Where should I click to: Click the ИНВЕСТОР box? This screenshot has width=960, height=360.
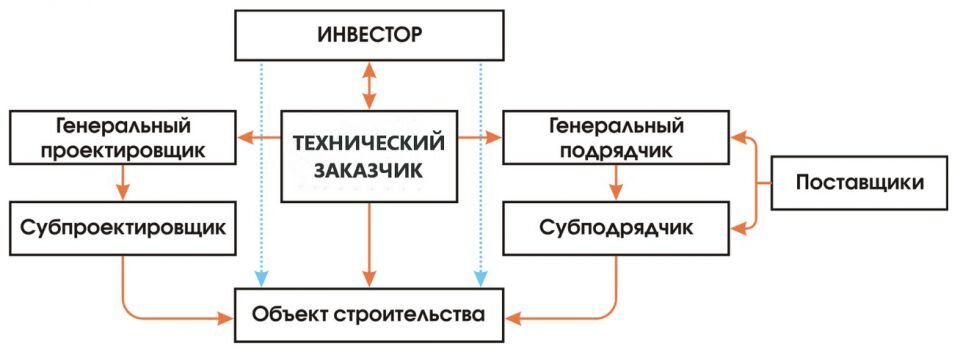click(370, 36)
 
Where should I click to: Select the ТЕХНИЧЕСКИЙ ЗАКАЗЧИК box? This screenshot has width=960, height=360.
click(370, 156)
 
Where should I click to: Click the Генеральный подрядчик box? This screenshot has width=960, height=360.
click(615, 138)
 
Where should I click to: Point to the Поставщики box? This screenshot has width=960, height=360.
click(859, 182)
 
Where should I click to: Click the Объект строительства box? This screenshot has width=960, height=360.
click(370, 316)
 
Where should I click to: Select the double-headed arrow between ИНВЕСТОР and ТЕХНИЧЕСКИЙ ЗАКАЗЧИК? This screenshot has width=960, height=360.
click(370, 84)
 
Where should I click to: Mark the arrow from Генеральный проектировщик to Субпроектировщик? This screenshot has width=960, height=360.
click(122, 182)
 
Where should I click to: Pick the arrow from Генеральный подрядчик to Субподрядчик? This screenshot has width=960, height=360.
click(616, 182)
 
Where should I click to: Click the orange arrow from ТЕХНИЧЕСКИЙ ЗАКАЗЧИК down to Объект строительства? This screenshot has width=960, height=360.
click(370, 244)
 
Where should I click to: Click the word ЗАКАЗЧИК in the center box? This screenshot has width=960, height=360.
click(370, 171)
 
